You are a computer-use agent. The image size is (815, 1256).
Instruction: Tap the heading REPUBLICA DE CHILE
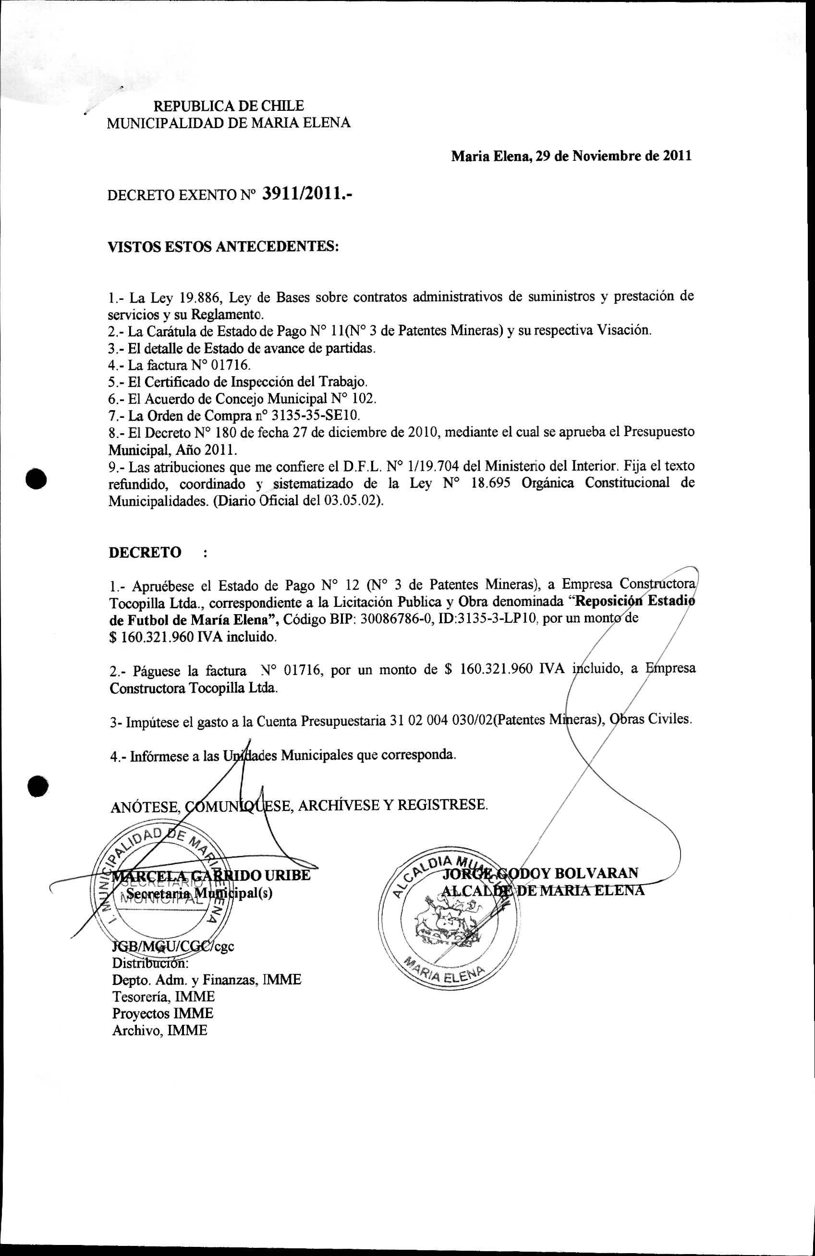[x=228, y=106]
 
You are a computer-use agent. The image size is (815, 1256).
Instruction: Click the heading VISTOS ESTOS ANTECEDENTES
[x=223, y=247]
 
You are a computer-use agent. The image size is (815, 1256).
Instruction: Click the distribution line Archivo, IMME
[x=159, y=1030]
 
